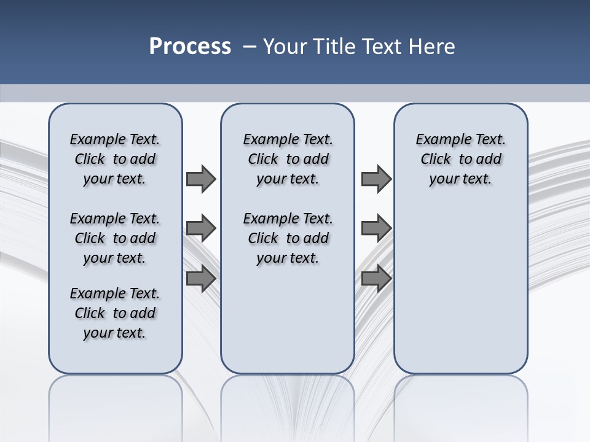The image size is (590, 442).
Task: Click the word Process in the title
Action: tap(190, 47)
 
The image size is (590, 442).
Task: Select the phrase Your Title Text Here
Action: tap(359, 47)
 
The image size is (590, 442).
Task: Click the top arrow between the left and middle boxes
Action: tap(201, 179)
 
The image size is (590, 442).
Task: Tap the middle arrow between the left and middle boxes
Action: tap(201, 228)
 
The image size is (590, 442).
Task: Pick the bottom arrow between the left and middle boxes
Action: tap(201, 279)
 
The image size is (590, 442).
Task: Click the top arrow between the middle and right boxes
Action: tap(376, 179)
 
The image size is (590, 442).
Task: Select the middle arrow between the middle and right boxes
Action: tap(376, 228)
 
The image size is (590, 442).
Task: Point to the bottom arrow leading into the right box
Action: tap(376, 279)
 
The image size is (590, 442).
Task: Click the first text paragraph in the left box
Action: tap(115, 159)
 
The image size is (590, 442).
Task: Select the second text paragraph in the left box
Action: tap(115, 238)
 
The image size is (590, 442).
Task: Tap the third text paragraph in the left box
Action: tap(115, 313)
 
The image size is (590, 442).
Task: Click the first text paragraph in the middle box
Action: tap(288, 159)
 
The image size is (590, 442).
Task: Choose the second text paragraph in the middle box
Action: tap(288, 238)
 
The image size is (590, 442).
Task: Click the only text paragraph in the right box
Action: tap(460, 159)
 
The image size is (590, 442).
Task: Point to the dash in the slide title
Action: tap(250, 47)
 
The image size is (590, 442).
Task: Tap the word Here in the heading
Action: tap(433, 47)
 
